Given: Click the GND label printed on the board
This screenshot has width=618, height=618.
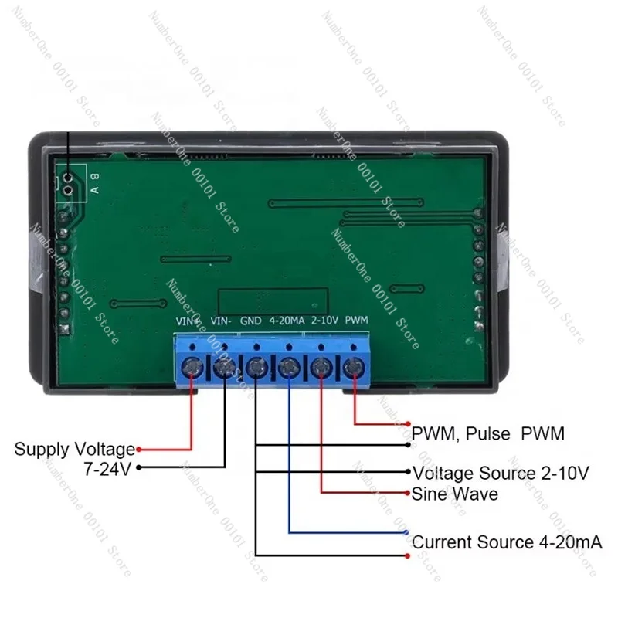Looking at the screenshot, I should (251, 320).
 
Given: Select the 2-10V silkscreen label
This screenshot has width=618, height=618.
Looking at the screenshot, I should (323, 320).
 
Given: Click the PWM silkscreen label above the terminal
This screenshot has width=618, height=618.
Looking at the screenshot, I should (356, 320).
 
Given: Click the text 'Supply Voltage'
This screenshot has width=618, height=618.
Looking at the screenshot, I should (74, 449).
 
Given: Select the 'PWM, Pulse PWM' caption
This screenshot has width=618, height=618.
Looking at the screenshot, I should (488, 434).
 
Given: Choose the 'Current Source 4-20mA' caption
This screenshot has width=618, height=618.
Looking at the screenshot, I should (506, 542).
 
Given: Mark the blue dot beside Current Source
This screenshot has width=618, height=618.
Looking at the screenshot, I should (407, 533).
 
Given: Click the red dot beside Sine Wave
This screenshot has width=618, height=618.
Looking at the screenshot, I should (407, 492).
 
